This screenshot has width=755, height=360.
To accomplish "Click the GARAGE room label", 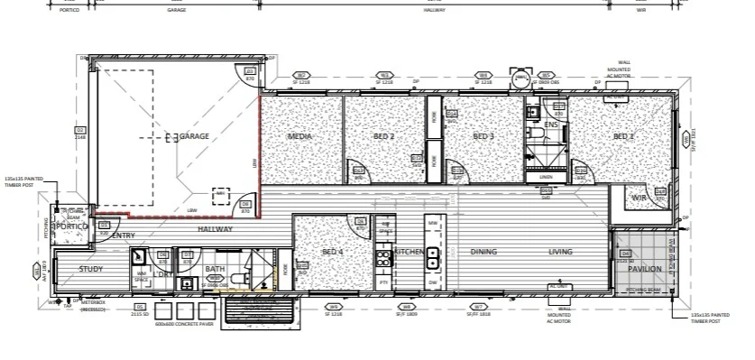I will click(194, 136).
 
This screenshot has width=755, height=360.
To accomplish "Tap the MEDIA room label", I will click(299, 136).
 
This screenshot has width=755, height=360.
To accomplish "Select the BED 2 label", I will click(384, 136).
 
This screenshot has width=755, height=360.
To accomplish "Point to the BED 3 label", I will click(484, 136).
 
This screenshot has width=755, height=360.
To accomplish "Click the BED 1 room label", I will click(624, 136).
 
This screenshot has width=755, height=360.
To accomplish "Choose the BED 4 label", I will click(333, 252).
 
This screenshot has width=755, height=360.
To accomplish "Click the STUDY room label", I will click(91, 269).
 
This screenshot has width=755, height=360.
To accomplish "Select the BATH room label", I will click(214, 269).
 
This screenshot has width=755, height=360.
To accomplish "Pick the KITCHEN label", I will click(409, 252).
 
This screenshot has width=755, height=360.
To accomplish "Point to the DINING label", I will click(483, 252).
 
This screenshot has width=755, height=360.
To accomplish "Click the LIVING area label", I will click(561, 252).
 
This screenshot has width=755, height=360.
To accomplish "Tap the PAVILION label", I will click(645, 269).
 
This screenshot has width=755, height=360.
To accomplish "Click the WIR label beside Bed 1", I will click(640, 198).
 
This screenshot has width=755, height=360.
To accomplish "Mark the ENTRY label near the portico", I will click(124, 235).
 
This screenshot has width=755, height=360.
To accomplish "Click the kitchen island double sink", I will click(433, 258).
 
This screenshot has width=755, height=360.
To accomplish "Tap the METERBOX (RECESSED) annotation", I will click(92, 307).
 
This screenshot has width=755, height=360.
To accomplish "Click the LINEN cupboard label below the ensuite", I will click(546, 178).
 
